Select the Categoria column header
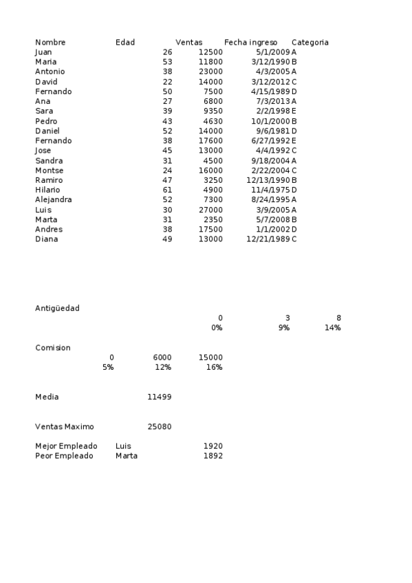pos(310,43)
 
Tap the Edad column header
pos(125,43)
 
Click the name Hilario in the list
pos(47,190)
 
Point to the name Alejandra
pos(54,199)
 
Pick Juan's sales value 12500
pos(210,52)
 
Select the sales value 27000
pos(210,210)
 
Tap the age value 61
pos(167,190)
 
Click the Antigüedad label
pos(57,308)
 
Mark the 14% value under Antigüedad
pos(332,328)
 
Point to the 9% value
pos(283,328)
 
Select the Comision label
pos(53,348)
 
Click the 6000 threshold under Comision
pos(162,357)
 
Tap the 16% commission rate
pos(214,367)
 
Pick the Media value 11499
pos(160,397)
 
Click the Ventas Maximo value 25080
pos(160,426)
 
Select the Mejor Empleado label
pos(66,446)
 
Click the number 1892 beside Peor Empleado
pos(213,456)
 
